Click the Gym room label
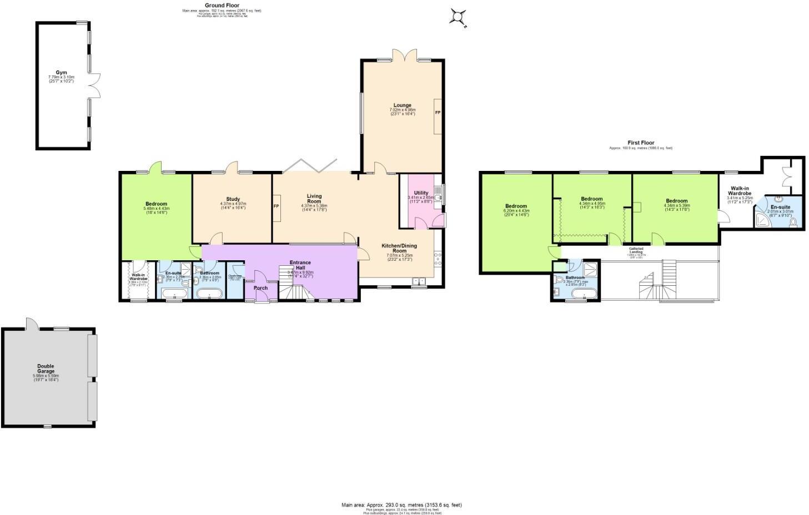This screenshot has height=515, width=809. tap(61, 73)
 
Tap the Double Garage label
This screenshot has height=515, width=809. tap(46, 368)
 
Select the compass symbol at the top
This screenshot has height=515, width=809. tap(458, 17)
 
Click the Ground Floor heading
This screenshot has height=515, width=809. tap(222, 6)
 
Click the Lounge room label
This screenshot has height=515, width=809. tap(403, 105)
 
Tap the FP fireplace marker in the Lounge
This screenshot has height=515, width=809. tap(438, 113)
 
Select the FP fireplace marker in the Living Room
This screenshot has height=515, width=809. tap(276, 206)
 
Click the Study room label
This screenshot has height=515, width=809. tap(233, 199)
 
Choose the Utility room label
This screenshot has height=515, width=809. tap(421, 193)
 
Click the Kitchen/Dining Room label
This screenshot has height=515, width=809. tap(399, 248)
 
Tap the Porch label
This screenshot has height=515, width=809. tap(260, 287)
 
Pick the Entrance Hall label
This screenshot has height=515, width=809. tap(300, 265)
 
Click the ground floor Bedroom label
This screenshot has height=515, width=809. tap(155, 204)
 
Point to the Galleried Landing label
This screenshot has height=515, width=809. tap(636, 250)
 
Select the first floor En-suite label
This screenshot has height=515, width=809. tap(780, 206)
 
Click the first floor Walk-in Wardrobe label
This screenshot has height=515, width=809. tap(740, 191)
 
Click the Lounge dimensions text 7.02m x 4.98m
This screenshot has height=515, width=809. tap(403, 110)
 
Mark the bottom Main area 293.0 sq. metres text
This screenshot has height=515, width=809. tap(401, 505)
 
